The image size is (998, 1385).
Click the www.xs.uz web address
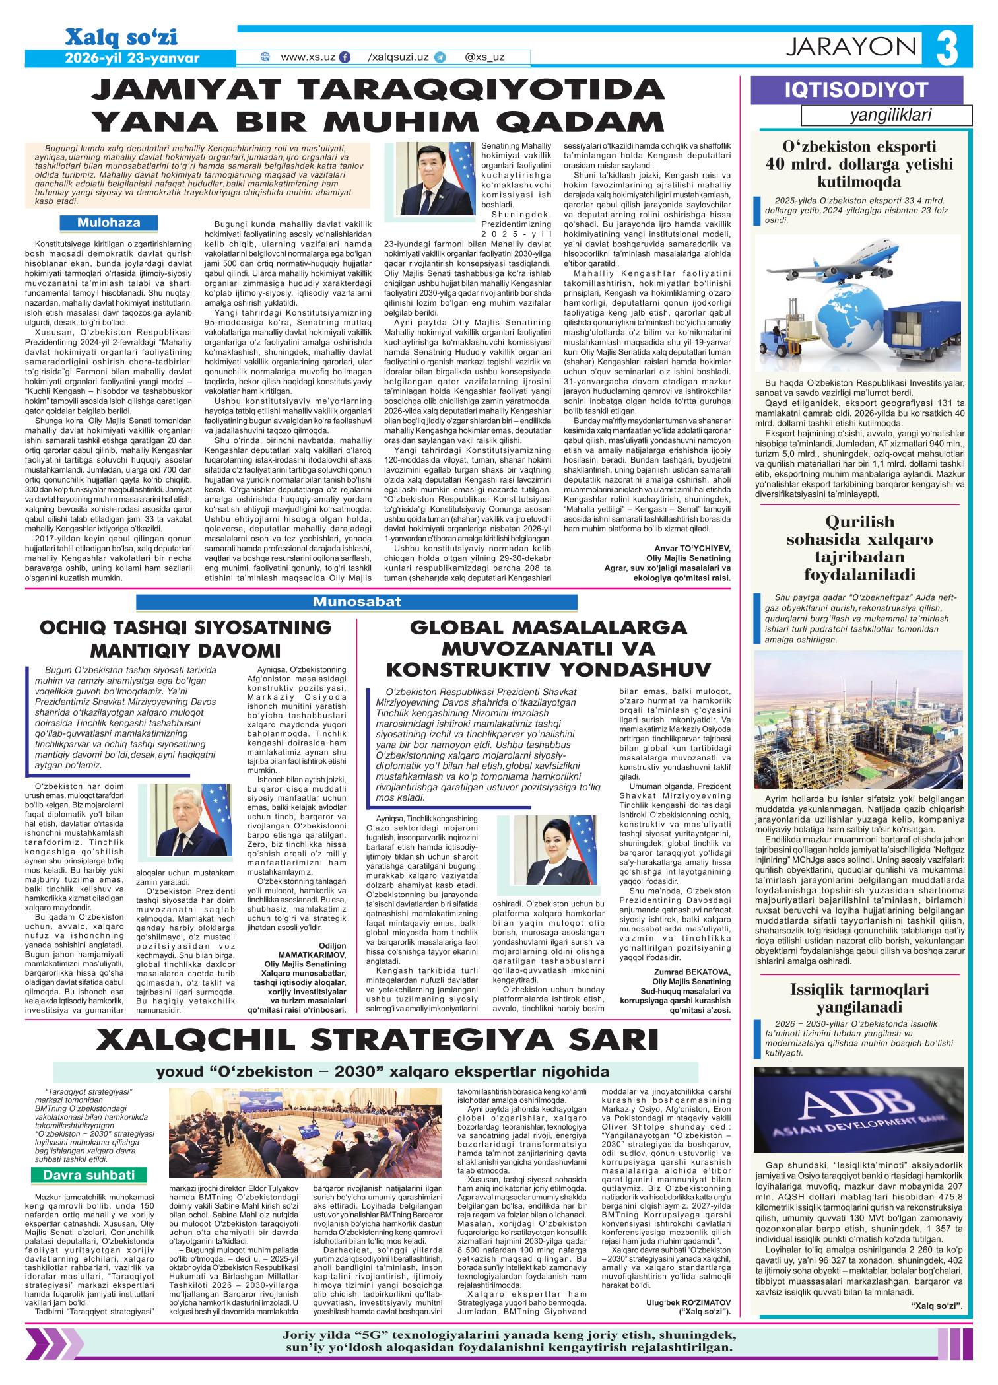coord(308,57)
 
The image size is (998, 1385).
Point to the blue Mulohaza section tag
coord(108,222)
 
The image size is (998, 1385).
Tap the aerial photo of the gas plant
coord(863,720)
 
